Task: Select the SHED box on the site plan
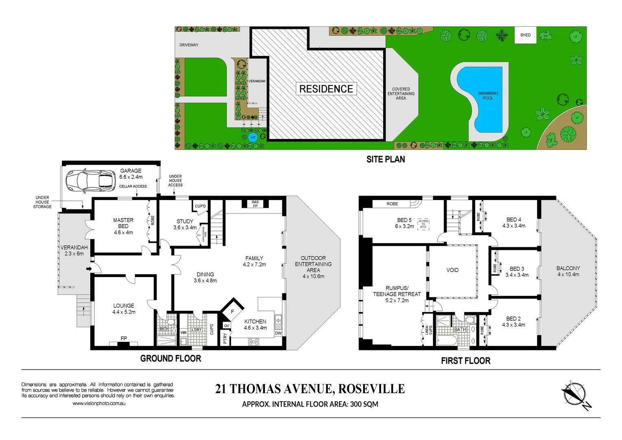click(525, 35)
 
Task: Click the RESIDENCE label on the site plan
click(326, 89)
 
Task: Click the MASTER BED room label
click(123, 226)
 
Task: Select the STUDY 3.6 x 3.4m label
click(185, 224)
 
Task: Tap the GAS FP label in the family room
click(255, 204)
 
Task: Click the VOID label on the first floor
click(452, 270)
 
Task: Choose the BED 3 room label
click(517, 272)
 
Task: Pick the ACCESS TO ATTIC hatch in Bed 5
click(423, 224)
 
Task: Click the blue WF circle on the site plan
click(253, 137)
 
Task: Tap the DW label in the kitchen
click(278, 333)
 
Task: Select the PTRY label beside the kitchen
click(225, 338)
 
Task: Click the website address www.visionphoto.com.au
click(99, 403)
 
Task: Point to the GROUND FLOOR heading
click(170, 359)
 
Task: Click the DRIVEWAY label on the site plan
click(189, 45)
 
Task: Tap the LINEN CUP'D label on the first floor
click(428, 330)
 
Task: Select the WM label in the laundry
click(183, 333)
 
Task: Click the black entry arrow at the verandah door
click(89, 269)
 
